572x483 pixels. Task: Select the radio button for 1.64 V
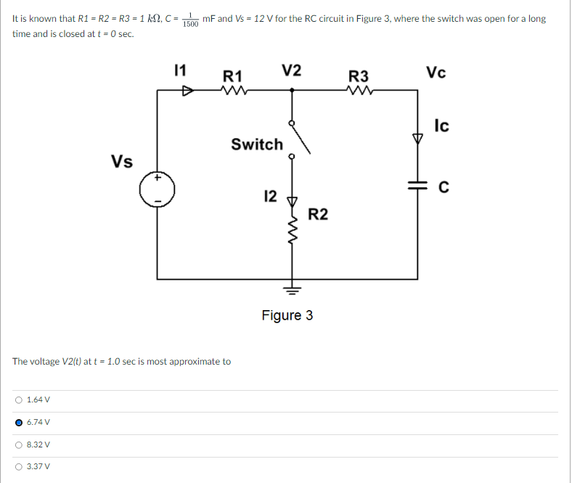(18, 399)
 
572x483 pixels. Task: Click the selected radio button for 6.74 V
(18, 422)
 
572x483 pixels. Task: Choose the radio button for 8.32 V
(18, 445)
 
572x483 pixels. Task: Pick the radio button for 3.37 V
(18, 467)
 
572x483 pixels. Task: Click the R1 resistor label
(233, 76)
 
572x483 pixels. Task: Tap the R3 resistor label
(359, 76)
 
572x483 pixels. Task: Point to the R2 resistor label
(318, 214)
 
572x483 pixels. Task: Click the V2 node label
(292, 71)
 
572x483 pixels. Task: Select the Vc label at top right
(436, 72)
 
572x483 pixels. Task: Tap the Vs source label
(122, 161)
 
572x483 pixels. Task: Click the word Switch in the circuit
(257, 144)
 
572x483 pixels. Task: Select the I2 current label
(269, 195)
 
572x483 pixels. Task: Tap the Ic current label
(441, 126)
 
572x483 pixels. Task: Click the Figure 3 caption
(287, 315)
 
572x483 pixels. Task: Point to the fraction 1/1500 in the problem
(191, 20)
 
